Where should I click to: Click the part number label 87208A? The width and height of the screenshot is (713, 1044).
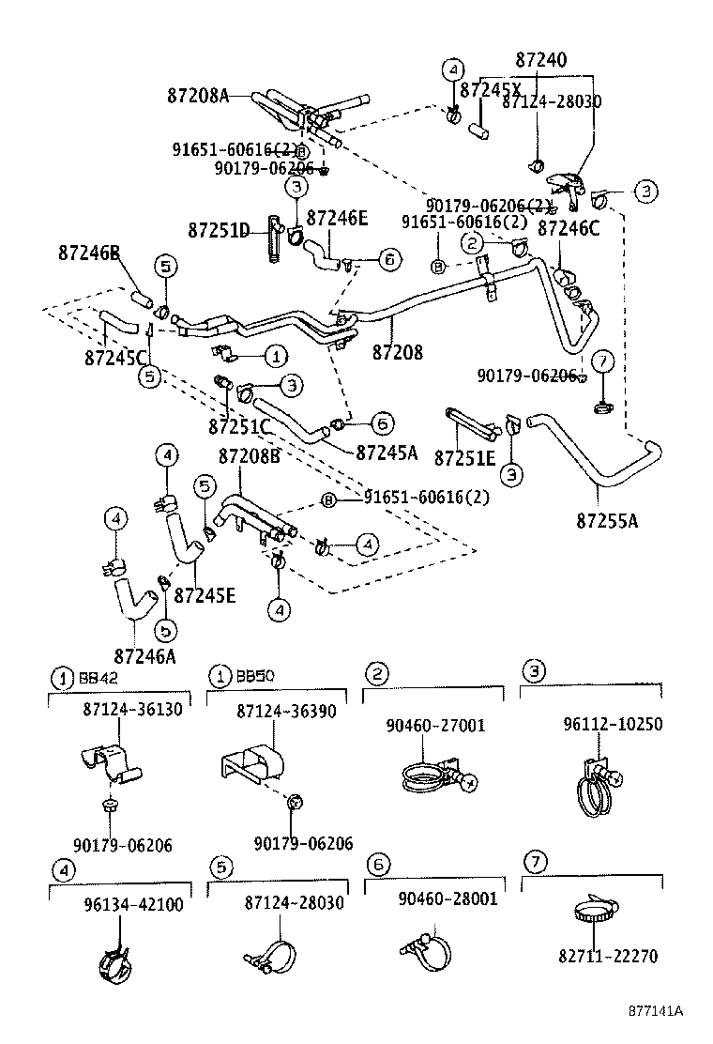pos(197,95)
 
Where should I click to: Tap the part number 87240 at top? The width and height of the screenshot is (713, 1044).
pos(540,60)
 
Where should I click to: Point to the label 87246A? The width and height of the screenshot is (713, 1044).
pos(144,655)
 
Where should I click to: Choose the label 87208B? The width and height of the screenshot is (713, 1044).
pos(250,456)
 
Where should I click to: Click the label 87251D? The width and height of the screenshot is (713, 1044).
pos(219,230)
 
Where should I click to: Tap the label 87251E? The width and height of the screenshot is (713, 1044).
pos(464,457)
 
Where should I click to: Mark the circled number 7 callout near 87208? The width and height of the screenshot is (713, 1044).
pos(603,361)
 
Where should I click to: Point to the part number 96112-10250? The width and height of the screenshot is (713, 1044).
pos(613,725)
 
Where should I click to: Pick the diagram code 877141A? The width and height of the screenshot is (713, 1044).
pos(656,1012)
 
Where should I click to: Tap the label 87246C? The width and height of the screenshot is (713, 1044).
pos(569,227)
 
